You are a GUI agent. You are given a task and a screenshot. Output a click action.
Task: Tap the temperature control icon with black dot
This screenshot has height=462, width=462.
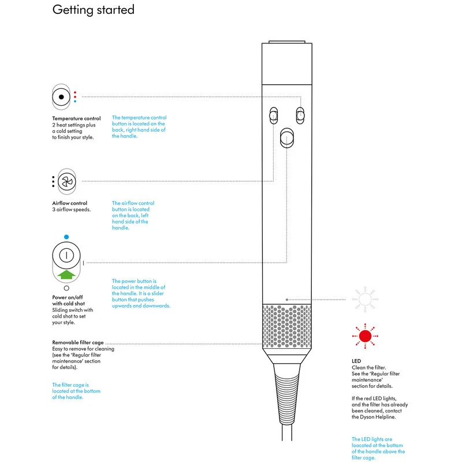pos(61,97)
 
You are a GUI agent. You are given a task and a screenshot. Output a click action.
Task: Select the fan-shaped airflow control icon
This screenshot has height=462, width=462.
pos(67,181)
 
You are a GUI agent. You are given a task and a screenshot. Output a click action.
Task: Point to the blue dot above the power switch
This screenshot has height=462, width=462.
pos(66,237)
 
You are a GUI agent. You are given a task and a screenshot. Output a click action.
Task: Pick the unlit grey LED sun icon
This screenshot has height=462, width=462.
pos(364,299)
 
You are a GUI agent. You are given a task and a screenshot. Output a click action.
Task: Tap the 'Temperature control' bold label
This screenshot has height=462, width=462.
pos(76,118)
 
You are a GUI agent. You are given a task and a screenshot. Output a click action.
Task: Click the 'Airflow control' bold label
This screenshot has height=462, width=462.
pos(70,203)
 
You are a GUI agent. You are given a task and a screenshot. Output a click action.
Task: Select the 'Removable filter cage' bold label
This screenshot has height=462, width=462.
pos(78,342)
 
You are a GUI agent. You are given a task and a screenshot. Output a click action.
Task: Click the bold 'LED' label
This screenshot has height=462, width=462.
pos(356,362)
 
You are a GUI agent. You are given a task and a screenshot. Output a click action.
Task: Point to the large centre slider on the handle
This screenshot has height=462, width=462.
pos(286,139)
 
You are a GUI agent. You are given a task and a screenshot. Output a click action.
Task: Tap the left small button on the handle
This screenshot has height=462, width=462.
pos(273,115)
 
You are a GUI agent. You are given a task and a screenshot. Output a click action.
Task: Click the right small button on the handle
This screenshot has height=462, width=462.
pos(300,115)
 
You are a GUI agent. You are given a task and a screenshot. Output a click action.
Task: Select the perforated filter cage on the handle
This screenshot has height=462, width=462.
pos(286,326)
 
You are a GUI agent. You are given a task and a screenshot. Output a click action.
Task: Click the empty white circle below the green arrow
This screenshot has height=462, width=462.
pos(66,288)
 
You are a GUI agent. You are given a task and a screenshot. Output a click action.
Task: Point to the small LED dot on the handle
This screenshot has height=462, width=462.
pos(287,300)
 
